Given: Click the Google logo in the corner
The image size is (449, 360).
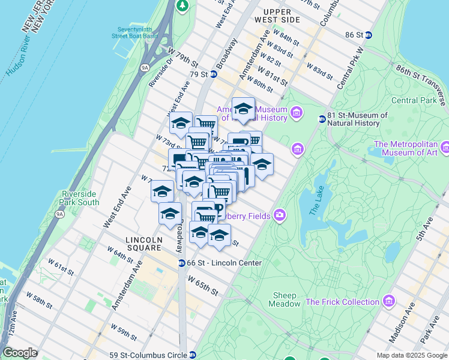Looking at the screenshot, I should click(x=20, y=353).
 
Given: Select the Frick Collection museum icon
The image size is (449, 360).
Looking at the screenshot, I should click(x=390, y=301).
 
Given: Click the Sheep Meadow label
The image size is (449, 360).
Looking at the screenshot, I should click(x=286, y=299).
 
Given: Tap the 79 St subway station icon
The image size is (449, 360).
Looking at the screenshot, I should click(x=213, y=74).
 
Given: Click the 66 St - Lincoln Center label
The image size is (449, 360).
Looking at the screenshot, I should click(x=224, y=263).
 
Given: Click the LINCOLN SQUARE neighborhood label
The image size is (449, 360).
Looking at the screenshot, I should click(x=143, y=244).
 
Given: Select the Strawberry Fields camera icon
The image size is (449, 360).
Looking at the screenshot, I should click(x=279, y=215).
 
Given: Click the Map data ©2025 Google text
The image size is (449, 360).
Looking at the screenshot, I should click(x=411, y=355).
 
